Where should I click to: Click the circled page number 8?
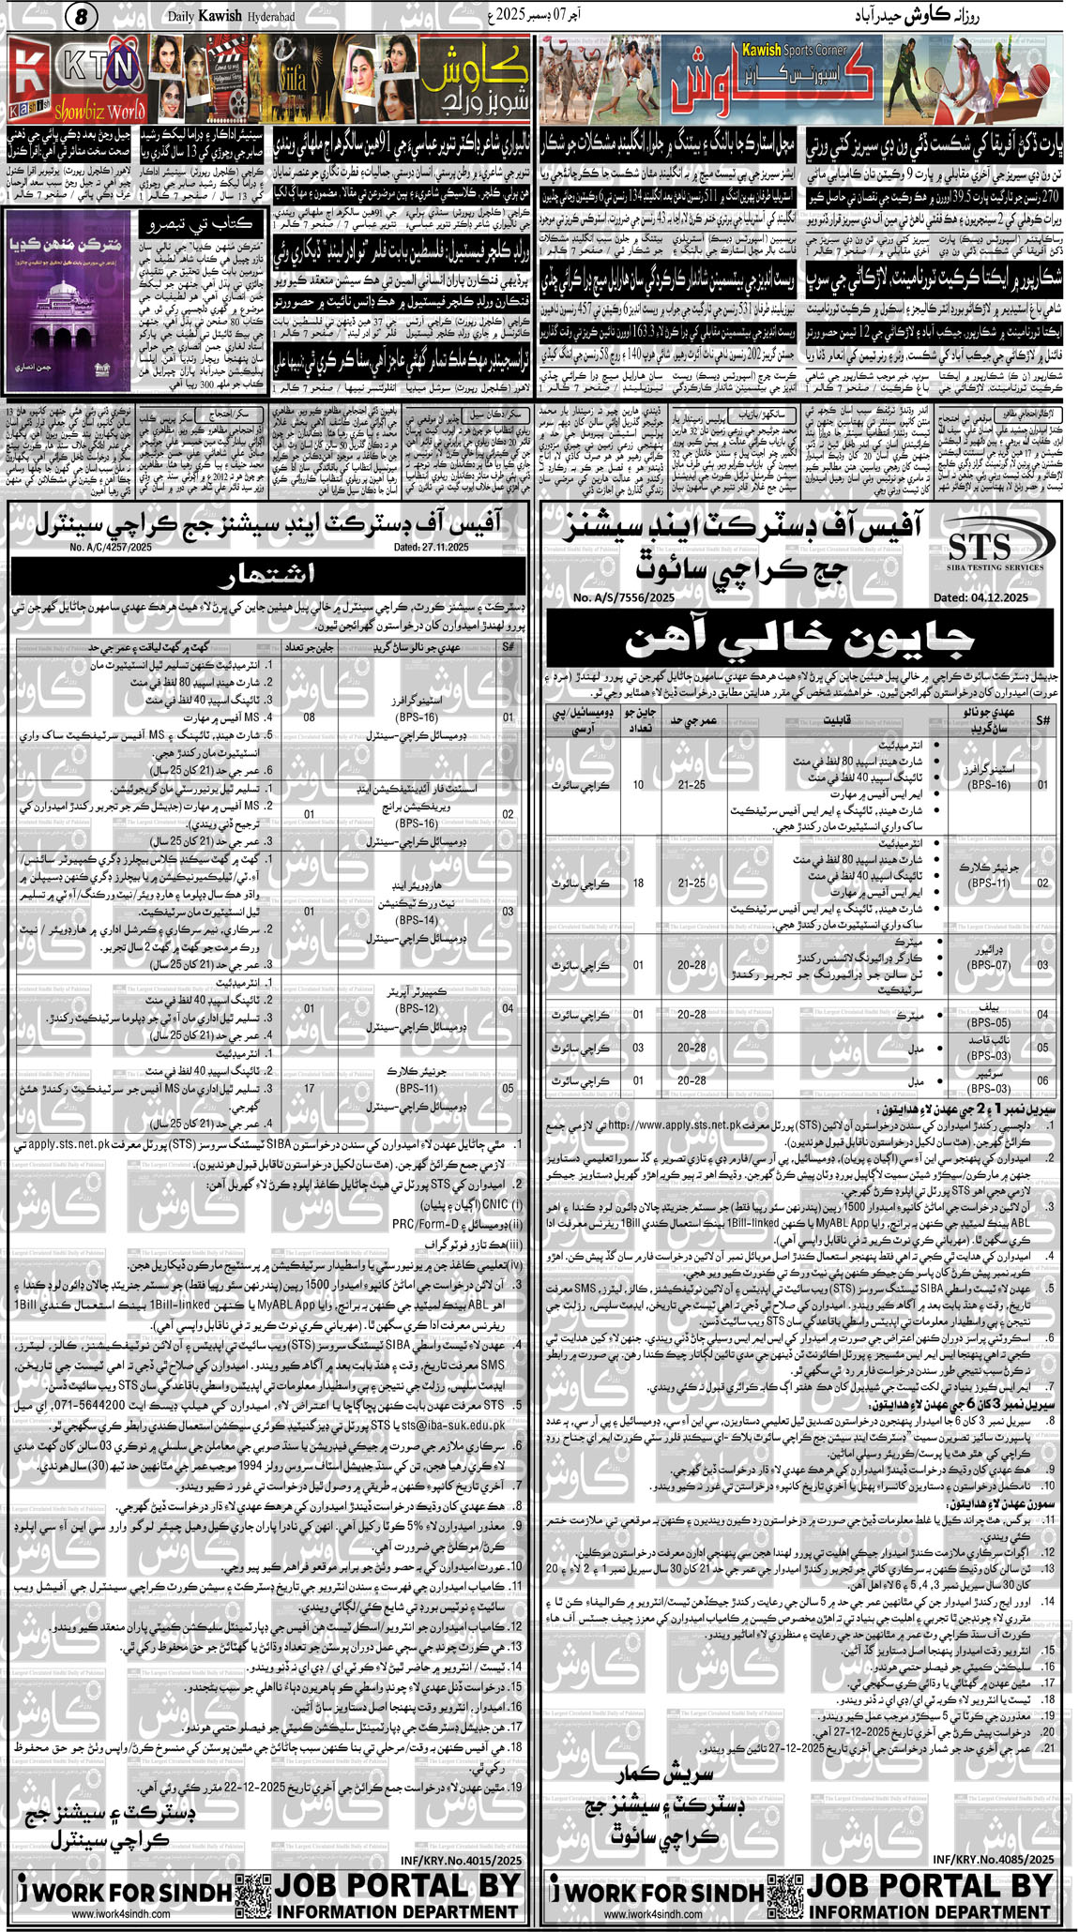point(82,16)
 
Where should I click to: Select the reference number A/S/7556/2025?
point(624,597)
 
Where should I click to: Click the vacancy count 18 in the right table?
point(638,883)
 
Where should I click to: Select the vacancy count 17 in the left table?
point(310,1088)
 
